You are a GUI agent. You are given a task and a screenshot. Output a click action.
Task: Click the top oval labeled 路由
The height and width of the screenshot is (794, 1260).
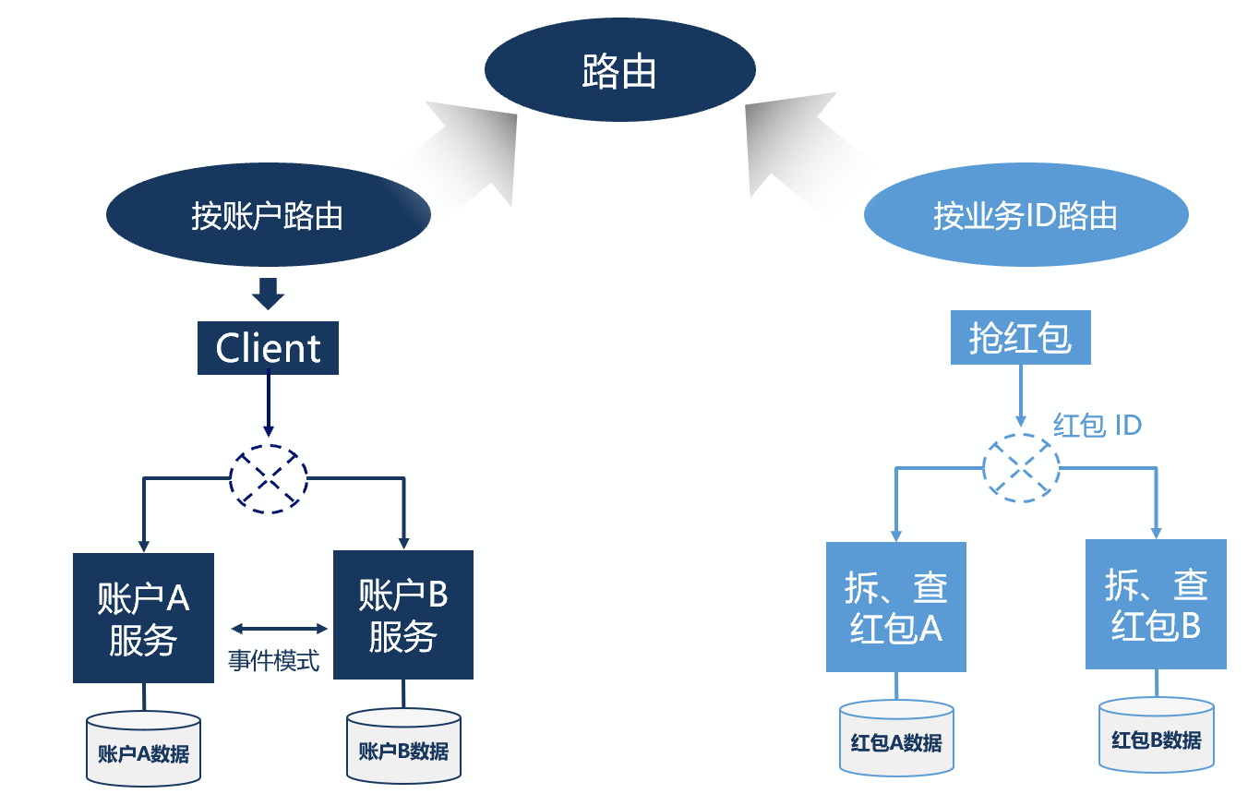(619, 70)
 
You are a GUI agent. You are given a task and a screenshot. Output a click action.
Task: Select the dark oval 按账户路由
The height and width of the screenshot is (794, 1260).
(268, 215)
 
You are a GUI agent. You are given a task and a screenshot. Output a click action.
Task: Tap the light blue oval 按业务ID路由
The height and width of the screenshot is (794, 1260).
(1025, 215)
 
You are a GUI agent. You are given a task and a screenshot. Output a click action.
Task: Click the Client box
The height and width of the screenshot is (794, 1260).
(268, 348)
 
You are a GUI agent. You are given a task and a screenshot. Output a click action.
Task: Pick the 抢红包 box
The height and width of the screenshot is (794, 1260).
(1020, 338)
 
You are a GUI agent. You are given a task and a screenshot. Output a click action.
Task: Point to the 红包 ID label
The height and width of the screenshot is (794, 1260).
(1098, 426)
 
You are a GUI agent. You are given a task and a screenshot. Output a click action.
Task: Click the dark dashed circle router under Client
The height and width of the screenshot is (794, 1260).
(268, 476)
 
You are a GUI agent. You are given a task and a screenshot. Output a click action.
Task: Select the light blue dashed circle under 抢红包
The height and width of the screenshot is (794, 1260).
(1021, 467)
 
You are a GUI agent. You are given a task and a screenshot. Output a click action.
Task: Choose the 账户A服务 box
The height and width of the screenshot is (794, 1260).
(143, 618)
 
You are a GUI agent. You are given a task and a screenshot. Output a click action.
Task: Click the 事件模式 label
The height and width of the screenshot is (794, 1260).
(273, 661)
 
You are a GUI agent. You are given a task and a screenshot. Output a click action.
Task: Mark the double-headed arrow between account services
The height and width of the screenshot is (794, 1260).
(279, 629)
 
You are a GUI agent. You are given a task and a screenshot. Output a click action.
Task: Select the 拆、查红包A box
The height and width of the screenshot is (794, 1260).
(895, 607)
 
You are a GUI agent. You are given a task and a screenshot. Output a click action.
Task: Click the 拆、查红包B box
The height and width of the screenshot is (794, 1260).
(1156, 605)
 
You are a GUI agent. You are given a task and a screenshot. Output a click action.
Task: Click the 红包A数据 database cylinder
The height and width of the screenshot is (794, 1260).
(896, 739)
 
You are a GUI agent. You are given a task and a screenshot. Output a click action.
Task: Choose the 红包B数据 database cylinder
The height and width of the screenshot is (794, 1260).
(1156, 735)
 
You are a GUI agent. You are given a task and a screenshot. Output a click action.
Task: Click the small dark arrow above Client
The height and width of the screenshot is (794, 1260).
(268, 293)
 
